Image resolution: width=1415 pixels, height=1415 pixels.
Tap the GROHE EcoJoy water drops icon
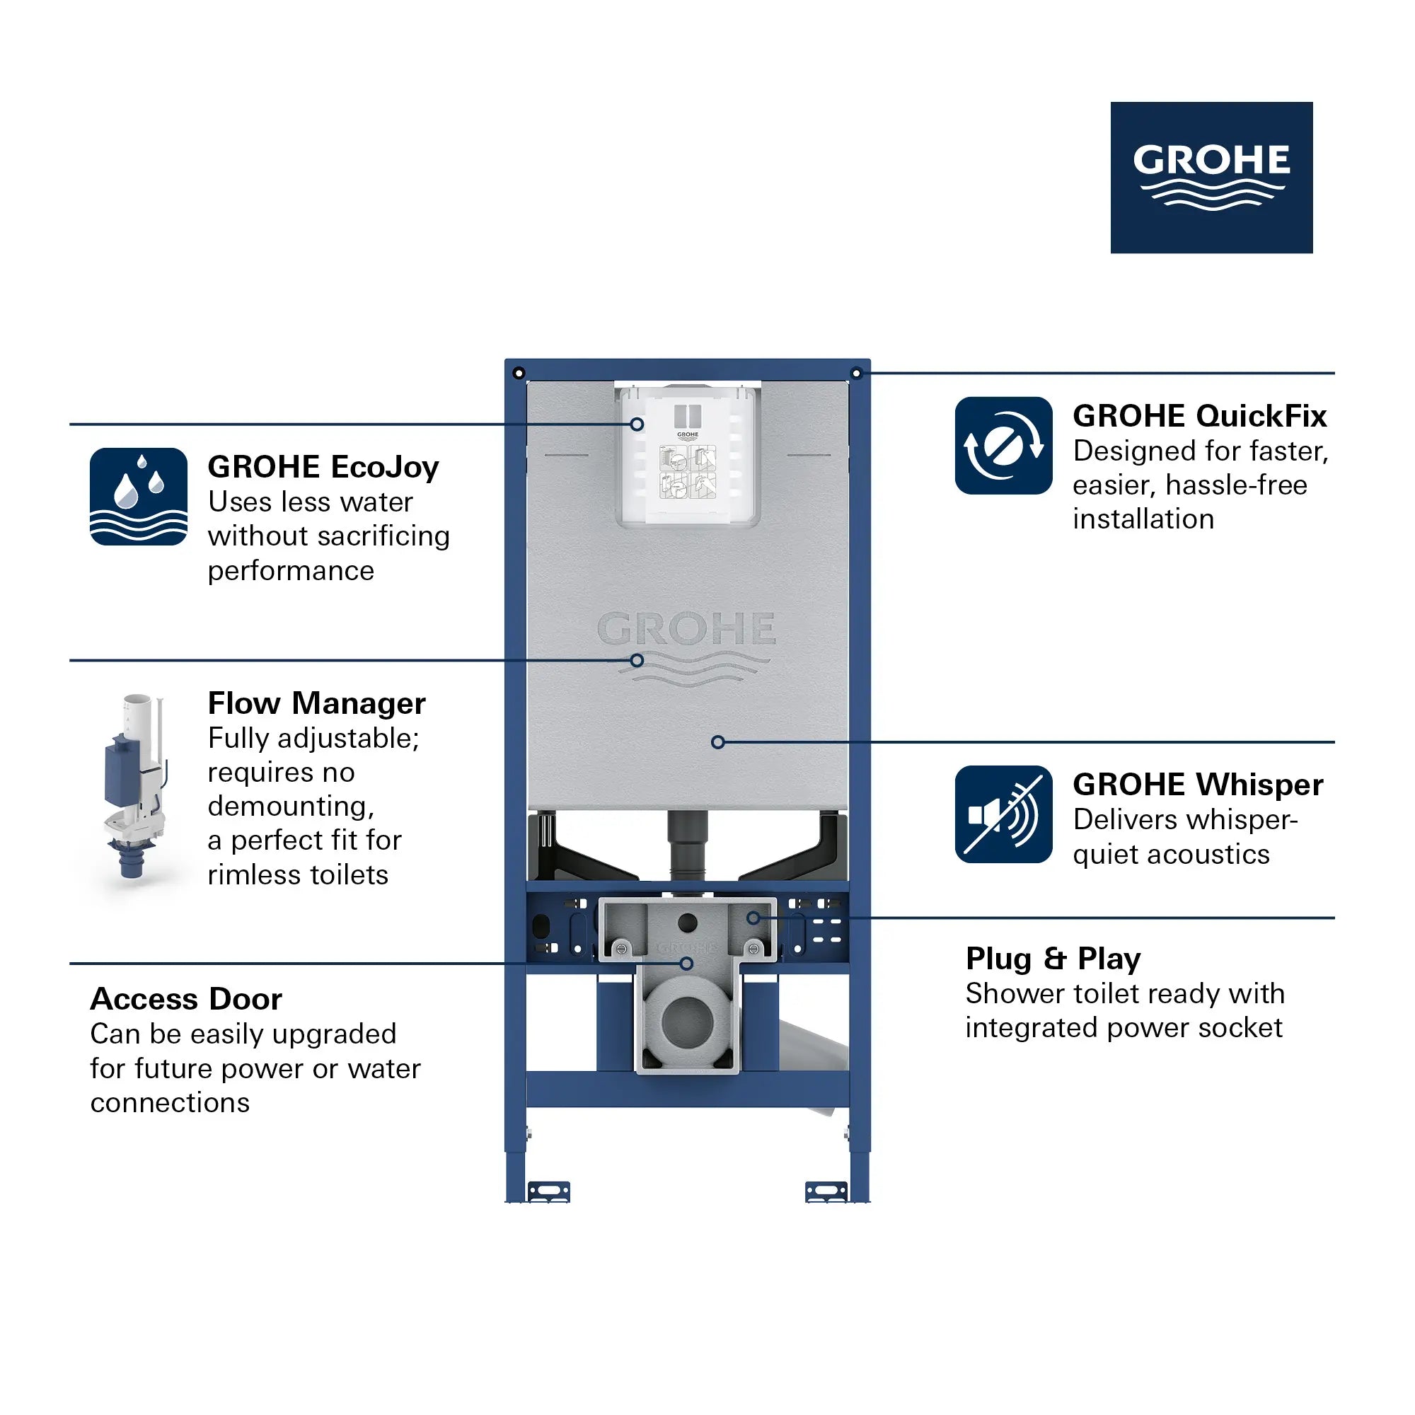139,497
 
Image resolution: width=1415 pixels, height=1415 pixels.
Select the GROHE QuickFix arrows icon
1003,445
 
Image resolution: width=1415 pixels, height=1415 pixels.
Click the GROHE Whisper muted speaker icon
1003,814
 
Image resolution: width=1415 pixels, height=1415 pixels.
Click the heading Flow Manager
316,703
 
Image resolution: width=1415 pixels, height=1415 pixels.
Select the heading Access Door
186,999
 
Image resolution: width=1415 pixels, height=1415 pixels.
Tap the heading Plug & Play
1053,959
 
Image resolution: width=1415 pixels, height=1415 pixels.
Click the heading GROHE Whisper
1198,785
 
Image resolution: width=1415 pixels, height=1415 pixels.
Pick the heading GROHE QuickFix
1199,416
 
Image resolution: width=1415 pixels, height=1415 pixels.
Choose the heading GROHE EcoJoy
323,466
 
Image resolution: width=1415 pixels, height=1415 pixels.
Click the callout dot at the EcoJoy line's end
637,424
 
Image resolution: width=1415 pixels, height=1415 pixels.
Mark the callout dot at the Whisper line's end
717,742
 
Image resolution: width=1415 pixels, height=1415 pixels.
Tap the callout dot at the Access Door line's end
686,964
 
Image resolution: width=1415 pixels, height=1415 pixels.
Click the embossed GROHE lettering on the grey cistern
686,629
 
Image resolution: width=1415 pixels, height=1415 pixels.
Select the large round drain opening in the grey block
687,1022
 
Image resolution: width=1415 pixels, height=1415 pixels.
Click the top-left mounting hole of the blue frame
519,374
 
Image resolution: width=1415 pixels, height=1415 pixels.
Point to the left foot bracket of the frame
548,1191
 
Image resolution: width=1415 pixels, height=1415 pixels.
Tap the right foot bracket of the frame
826,1191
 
